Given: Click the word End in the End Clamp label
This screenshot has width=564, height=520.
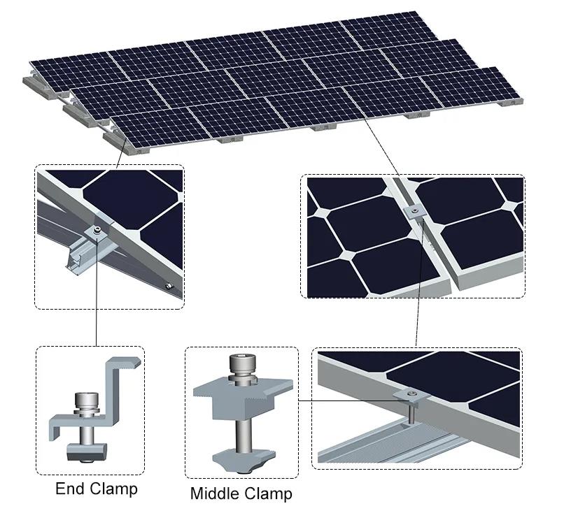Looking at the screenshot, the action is [x=70, y=489].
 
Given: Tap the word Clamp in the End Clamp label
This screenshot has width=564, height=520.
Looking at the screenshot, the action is [x=113, y=489].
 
